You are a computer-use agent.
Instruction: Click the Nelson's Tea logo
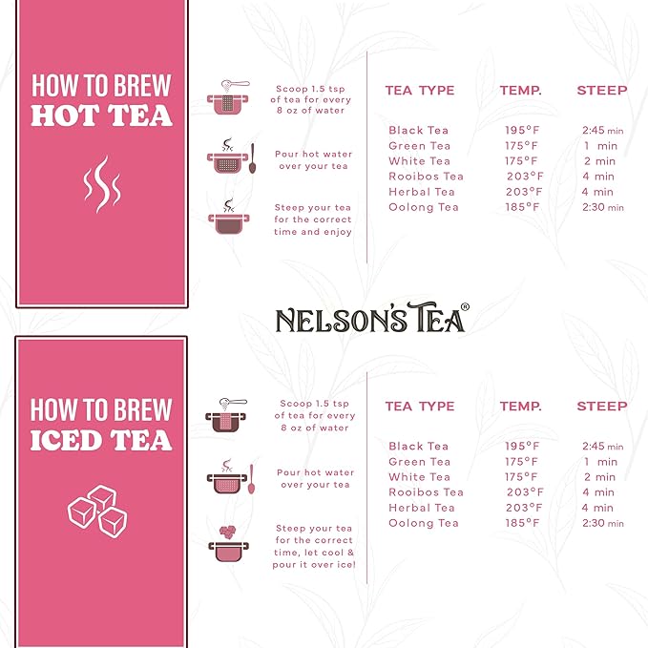tap(371, 319)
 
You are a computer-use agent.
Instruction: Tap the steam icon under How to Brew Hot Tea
tap(101, 184)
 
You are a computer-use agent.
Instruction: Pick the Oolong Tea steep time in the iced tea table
tap(602, 523)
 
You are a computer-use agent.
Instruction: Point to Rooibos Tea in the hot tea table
tap(426, 177)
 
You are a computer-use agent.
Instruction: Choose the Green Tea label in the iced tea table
tap(419, 462)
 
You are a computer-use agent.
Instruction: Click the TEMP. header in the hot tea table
tap(520, 91)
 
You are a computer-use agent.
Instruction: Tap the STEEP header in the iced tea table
tap(601, 407)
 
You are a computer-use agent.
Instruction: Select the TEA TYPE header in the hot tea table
tap(419, 91)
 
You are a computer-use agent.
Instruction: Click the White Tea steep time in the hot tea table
tap(599, 161)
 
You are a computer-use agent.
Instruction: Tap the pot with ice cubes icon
tap(229, 546)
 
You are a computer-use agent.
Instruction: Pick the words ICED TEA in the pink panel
tap(101, 441)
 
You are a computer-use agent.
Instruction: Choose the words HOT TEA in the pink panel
tap(101, 116)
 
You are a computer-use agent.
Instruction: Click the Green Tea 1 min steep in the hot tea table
tap(599, 146)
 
